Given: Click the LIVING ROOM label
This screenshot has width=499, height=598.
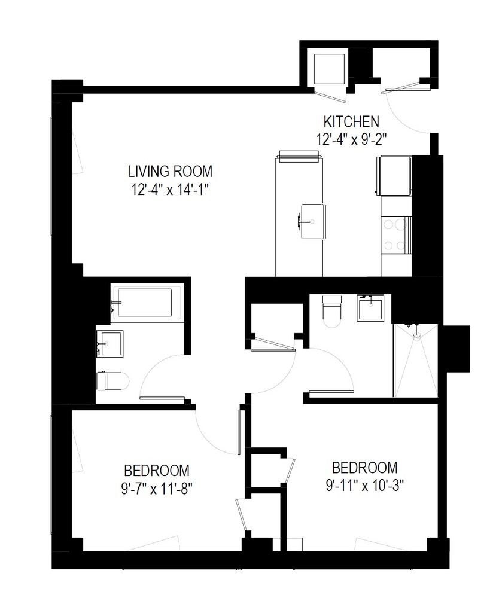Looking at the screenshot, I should tap(170, 172).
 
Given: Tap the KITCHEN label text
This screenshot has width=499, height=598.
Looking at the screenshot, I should tap(351, 121).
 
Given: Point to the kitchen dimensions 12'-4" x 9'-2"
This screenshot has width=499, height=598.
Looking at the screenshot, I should tap(351, 138).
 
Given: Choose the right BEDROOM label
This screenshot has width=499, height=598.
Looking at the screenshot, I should tap(364, 467).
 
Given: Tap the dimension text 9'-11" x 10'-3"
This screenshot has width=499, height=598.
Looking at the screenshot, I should tap(364, 485).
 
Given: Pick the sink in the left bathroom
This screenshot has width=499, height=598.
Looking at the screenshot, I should tap(109, 344).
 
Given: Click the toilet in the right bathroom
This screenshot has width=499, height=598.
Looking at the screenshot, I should tap(331, 310).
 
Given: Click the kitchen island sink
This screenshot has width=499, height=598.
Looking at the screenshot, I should tap(313, 221).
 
